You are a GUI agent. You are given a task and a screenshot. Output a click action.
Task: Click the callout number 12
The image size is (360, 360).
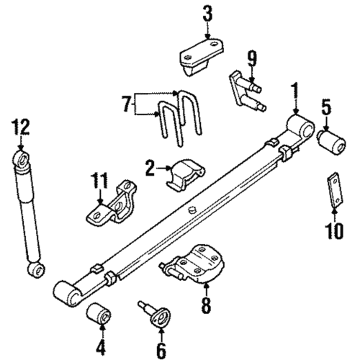point(22,129)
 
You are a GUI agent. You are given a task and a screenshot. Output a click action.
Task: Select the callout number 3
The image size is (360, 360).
point(207,13)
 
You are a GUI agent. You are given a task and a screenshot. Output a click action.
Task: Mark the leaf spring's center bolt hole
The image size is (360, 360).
point(192,210)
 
